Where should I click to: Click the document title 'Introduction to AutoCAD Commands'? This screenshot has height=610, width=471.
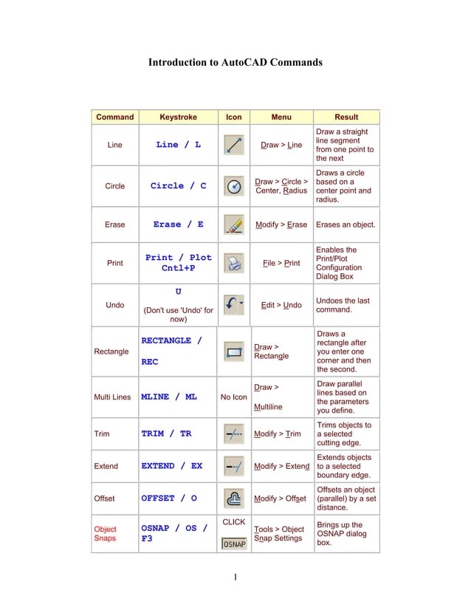tap(235, 63)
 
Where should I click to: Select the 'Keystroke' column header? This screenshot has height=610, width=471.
tap(178, 117)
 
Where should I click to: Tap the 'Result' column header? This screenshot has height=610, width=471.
tap(346, 117)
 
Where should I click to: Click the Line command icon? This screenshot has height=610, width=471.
tap(234, 145)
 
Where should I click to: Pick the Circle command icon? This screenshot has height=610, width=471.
tap(234, 186)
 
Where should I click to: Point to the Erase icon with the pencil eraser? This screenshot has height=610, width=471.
tap(234, 225)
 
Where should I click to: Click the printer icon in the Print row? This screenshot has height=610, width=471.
tap(234, 263)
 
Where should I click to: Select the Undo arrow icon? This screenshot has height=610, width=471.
tap(234, 304)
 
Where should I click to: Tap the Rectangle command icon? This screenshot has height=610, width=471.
tap(234, 352)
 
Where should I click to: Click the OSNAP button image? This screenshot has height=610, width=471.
tap(234, 544)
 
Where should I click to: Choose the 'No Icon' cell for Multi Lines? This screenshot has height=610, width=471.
tap(234, 397)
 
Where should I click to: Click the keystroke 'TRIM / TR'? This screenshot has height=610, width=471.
tap(166, 434)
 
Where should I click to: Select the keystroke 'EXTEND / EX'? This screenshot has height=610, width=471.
tap(171, 467)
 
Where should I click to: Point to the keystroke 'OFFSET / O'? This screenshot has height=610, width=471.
tap(169, 498)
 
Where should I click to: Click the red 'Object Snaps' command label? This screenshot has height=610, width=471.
tap(105, 534)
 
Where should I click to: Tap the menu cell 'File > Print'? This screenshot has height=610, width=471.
tap(281, 263)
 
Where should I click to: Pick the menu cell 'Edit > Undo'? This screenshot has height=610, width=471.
tap(281, 305)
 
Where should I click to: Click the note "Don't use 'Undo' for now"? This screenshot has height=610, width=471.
tap(178, 315)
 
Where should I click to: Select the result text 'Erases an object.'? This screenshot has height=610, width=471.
tap(345, 225)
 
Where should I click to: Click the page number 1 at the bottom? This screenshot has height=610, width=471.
tap(235, 577)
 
